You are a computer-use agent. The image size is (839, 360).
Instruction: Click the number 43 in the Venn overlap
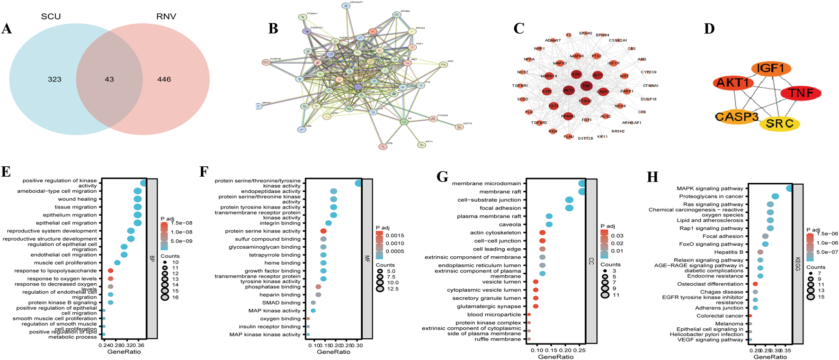pyautogui.click(x=109, y=79)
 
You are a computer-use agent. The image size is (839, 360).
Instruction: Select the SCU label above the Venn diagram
pyautogui.click(x=51, y=17)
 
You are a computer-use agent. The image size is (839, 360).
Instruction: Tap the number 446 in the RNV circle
pyautogui.click(x=164, y=79)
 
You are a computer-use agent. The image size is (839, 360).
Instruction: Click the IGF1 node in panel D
pyautogui.click(x=771, y=69)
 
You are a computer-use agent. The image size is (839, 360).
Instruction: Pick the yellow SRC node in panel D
pyautogui.click(x=779, y=124)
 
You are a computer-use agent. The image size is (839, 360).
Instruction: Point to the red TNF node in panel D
pyautogui.click(x=801, y=93)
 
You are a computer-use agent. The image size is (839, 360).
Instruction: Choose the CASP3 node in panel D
pyautogui.click(x=737, y=117)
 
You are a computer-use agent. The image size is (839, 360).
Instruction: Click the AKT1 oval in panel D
pyautogui.click(x=733, y=83)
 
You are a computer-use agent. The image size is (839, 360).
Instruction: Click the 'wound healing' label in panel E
pyautogui.click(x=77, y=199)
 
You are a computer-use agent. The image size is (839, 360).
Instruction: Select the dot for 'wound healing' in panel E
pyautogui.click(x=138, y=199)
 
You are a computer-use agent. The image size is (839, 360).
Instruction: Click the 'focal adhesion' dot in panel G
pyautogui.click(x=569, y=208)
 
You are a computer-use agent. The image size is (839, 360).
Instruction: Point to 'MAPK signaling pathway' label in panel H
pyautogui.click(x=710, y=189)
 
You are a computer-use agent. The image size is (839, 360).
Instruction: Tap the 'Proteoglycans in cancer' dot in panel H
pyautogui.click(x=775, y=196)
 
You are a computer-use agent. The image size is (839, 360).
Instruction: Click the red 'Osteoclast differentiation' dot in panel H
pyautogui.click(x=755, y=284)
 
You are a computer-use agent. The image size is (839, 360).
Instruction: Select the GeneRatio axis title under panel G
pyautogui.click(x=555, y=357)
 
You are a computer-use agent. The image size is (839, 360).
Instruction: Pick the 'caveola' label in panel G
pyautogui.click(x=509, y=225)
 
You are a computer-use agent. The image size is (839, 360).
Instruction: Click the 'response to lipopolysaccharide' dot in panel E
pyautogui.click(x=111, y=271)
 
